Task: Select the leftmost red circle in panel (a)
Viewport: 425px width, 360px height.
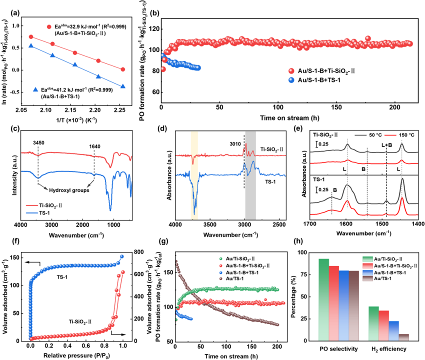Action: pyautogui.click(x=31, y=37)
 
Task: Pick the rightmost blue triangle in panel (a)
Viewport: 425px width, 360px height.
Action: pyautogui.click(x=123, y=86)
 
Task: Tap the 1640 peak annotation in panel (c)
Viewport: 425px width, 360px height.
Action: pyautogui.click(x=94, y=145)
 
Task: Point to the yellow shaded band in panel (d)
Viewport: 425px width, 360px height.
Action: pyautogui.click(x=194, y=175)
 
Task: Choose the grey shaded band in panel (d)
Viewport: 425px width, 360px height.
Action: pyautogui.click(x=250, y=175)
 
